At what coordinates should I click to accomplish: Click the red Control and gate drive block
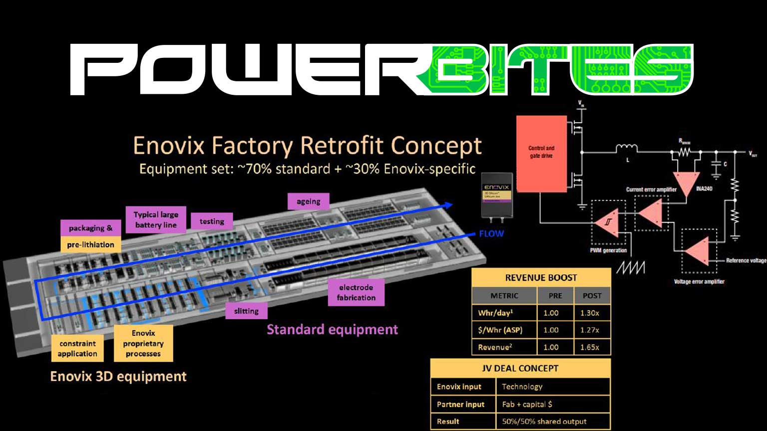pyautogui.click(x=541, y=154)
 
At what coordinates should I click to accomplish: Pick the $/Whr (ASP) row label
pyautogui.click(x=500, y=330)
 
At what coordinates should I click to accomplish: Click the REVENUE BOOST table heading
pyautogui.click(x=541, y=278)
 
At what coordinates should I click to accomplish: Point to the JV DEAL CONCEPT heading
pyautogui.click(x=520, y=368)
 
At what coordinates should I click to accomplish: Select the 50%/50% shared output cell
pyautogui.click(x=544, y=421)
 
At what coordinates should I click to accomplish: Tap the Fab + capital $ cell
pyautogui.click(x=527, y=404)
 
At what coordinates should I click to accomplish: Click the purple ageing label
pyautogui.click(x=309, y=202)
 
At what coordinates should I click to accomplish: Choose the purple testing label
pyautogui.click(x=212, y=221)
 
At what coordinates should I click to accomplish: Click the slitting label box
pyautogui.click(x=246, y=311)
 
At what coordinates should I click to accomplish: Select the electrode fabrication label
pyautogui.click(x=356, y=292)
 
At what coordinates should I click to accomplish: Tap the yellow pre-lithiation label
pyautogui.click(x=90, y=244)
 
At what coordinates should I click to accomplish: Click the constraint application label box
pyautogui.click(x=77, y=348)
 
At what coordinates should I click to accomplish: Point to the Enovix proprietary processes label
pyautogui.click(x=143, y=343)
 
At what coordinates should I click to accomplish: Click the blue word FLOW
pyautogui.click(x=491, y=233)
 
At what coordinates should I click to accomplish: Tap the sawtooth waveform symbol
pyautogui.click(x=630, y=267)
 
